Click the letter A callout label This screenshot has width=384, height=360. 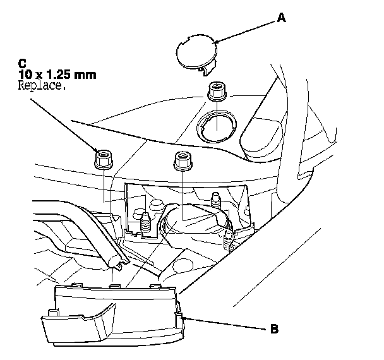tap(282, 19)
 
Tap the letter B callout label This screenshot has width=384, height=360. tap(273, 328)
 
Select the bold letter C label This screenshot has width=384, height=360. tap(23, 63)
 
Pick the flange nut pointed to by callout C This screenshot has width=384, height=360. tap(102, 159)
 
